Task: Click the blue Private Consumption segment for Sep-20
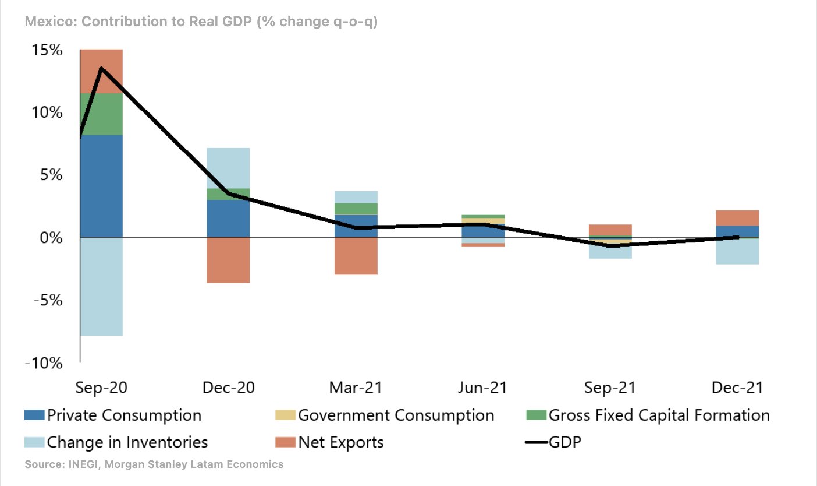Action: pyautogui.click(x=101, y=186)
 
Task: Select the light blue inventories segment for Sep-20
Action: pyautogui.click(x=101, y=287)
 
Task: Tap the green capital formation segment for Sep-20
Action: pyautogui.click(x=101, y=114)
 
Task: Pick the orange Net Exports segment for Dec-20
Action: pyautogui.click(x=228, y=260)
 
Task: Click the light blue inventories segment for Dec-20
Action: pyautogui.click(x=228, y=168)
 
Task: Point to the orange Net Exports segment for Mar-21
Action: pyautogui.click(x=356, y=256)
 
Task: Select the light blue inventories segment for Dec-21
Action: pyautogui.click(x=737, y=251)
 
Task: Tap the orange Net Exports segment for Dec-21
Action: pyautogui.click(x=737, y=218)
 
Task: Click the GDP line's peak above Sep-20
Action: pyautogui.click(x=101, y=68)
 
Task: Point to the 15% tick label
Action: pyautogui.click(x=47, y=50)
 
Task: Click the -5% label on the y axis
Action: pyautogui.click(x=48, y=301)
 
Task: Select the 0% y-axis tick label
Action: pyautogui.click(x=51, y=238)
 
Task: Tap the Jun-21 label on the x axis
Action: pyautogui.click(x=482, y=388)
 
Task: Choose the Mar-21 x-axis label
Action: pyautogui.click(x=356, y=388)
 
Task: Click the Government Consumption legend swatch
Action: pyautogui.click(x=285, y=415)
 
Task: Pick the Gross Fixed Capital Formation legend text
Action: pyautogui.click(x=659, y=415)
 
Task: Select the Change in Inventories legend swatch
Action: pyautogui.click(x=35, y=442)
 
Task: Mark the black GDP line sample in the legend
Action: pyautogui.click(x=536, y=442)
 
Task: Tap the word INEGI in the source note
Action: pyautogui.click(x=84, y=464)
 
